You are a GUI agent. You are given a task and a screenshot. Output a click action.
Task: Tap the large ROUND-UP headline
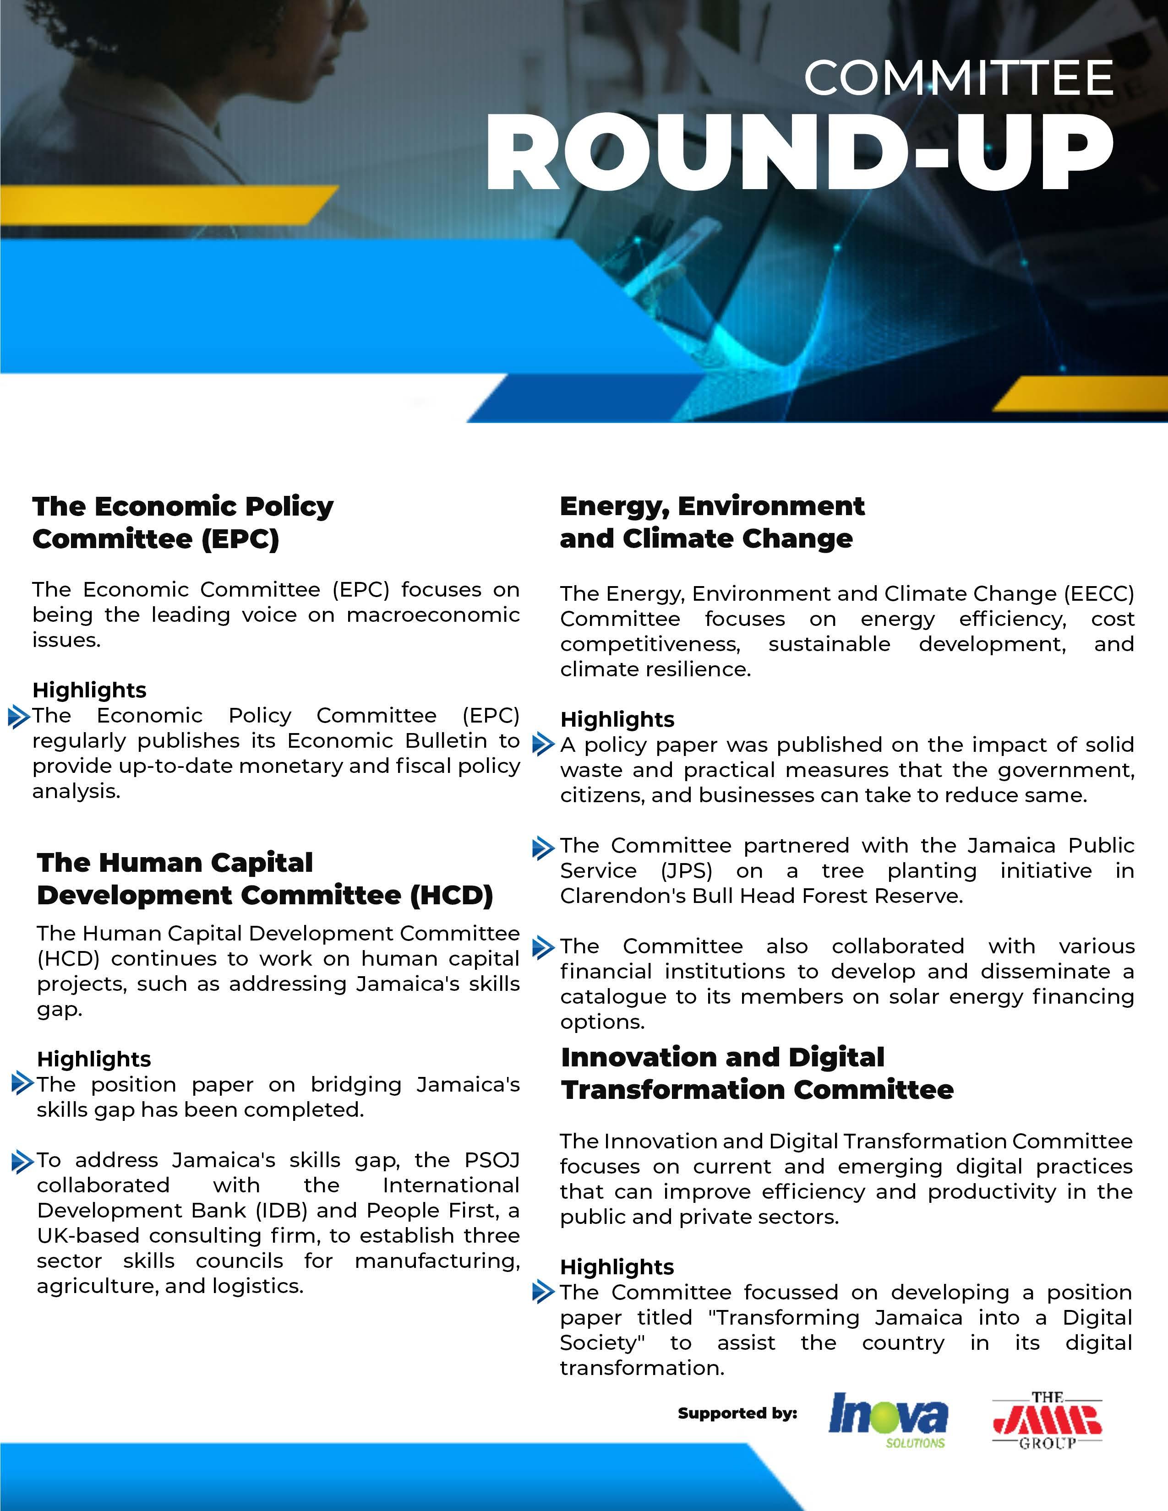pyautogui.click(x=799, y=152)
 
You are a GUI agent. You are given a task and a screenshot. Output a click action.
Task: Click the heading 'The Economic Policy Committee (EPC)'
pyautogui.click(x=183, y=522)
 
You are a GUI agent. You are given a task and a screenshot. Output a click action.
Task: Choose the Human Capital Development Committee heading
pyautogui.click(x=264, y=879)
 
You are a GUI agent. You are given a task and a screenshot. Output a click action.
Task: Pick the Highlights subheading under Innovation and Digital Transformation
pyautogui.click(x=617, y=1267)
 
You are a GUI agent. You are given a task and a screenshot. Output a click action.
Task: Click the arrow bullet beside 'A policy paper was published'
pyautogui.click(x=543, y=745)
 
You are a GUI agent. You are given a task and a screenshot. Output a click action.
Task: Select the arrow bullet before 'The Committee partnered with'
pyautogui.click(x=543, y=847)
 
